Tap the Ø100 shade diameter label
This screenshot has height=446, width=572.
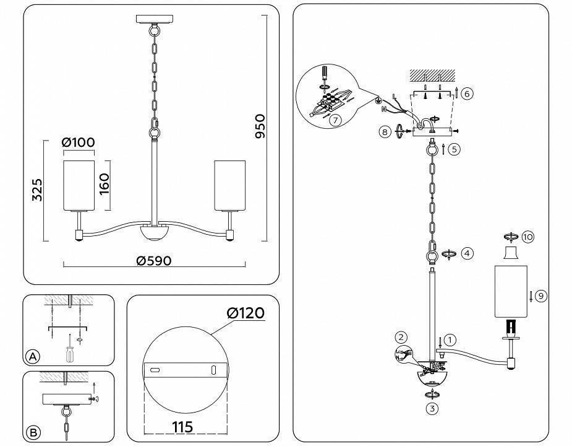[x=79, y=142]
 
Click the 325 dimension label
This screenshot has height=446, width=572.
[x=37, y=191]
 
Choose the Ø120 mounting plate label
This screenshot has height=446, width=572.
[x=245, y=313]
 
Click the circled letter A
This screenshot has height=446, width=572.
[x=33, y=356]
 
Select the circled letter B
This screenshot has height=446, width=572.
[x=33, y=432]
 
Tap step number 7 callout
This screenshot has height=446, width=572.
[x=335, y=120]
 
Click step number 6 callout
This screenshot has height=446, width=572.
[x=467, y=94]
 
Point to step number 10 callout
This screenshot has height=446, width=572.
[x=527, y=237]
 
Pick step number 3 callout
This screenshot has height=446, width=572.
[x=431, y=408]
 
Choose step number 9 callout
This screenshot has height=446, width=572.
[x=540, y=296]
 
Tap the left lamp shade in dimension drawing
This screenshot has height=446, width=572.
[x=79, y=185]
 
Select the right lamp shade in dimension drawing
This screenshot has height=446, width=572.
[x=229, y=185]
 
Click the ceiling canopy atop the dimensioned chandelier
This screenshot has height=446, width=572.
[x=152, y=18]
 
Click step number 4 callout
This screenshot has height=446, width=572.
[x=467, y=253]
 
